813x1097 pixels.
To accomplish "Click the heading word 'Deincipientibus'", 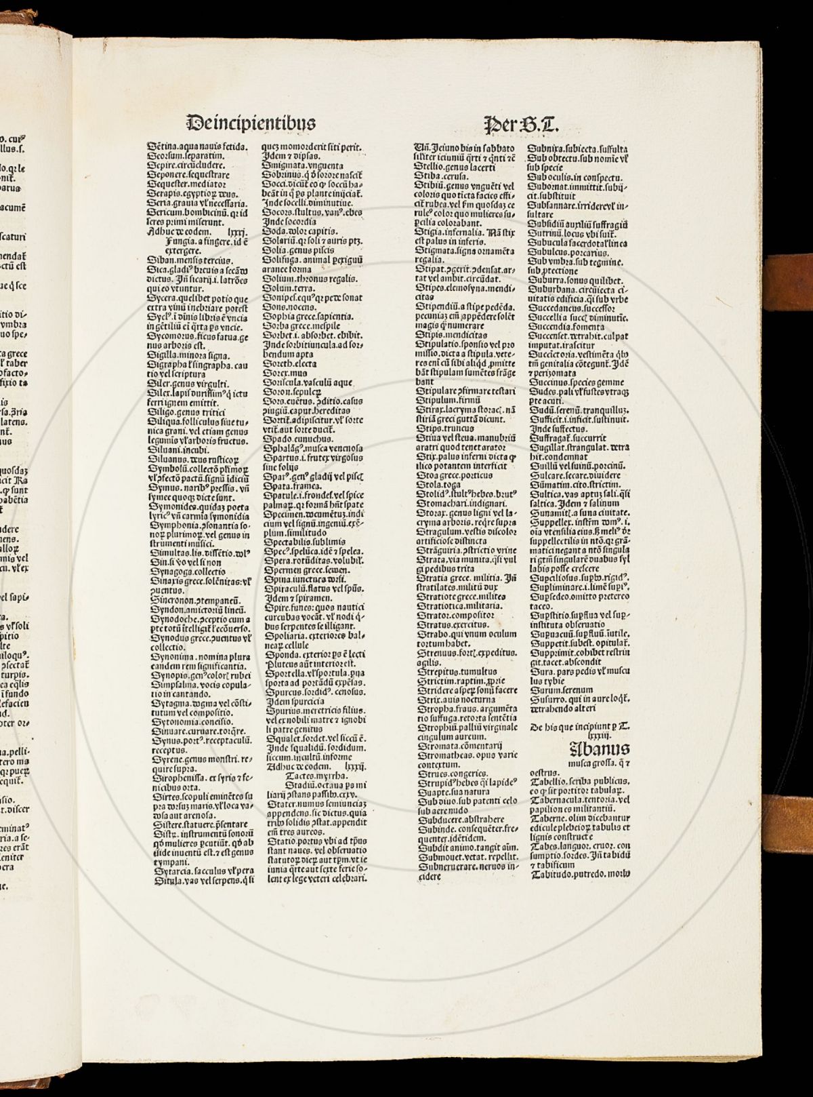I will (x=250, y=123).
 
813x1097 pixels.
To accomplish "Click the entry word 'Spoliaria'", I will (x=283, y=626).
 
